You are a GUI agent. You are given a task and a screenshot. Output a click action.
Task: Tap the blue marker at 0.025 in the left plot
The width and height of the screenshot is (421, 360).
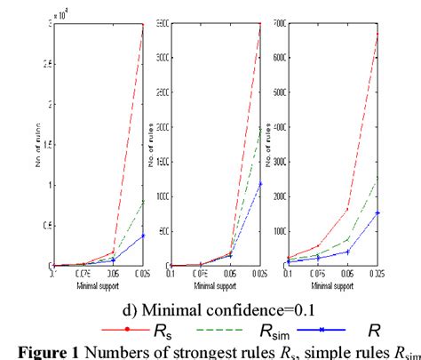pos(143,235)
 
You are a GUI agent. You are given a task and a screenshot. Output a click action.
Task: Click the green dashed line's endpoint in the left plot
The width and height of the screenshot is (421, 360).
pos(143,200)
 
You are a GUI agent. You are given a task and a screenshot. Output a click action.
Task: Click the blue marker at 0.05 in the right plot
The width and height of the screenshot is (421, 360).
pos(348,252)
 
